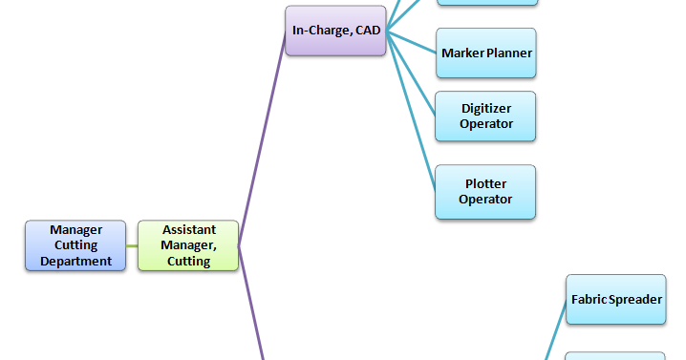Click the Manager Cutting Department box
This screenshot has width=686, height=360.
tap(75, 245)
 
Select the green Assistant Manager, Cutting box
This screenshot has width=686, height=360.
tap(188, 245)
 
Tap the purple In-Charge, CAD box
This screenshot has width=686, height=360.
tap(335, 31)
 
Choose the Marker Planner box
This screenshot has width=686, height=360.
tap(485, 53)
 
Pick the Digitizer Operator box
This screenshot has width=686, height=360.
tap(485, 116)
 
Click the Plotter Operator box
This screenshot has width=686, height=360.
tap(485, 191)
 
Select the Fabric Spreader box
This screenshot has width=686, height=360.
tap(615, 299)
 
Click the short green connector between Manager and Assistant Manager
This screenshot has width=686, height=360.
tap(132, 245)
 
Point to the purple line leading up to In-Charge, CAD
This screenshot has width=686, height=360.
tap(263, 143)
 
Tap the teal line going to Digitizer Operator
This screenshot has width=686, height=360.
tap(411, 73)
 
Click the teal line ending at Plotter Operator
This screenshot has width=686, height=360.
tap(411, 109)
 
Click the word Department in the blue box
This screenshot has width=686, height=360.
tap(75, 261)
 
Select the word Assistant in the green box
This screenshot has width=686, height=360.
tap(188, 230)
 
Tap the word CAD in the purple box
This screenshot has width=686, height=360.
tap(367, 31)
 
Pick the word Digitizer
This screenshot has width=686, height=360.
tap(485, 108)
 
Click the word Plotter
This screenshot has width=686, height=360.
tap(485, 183)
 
